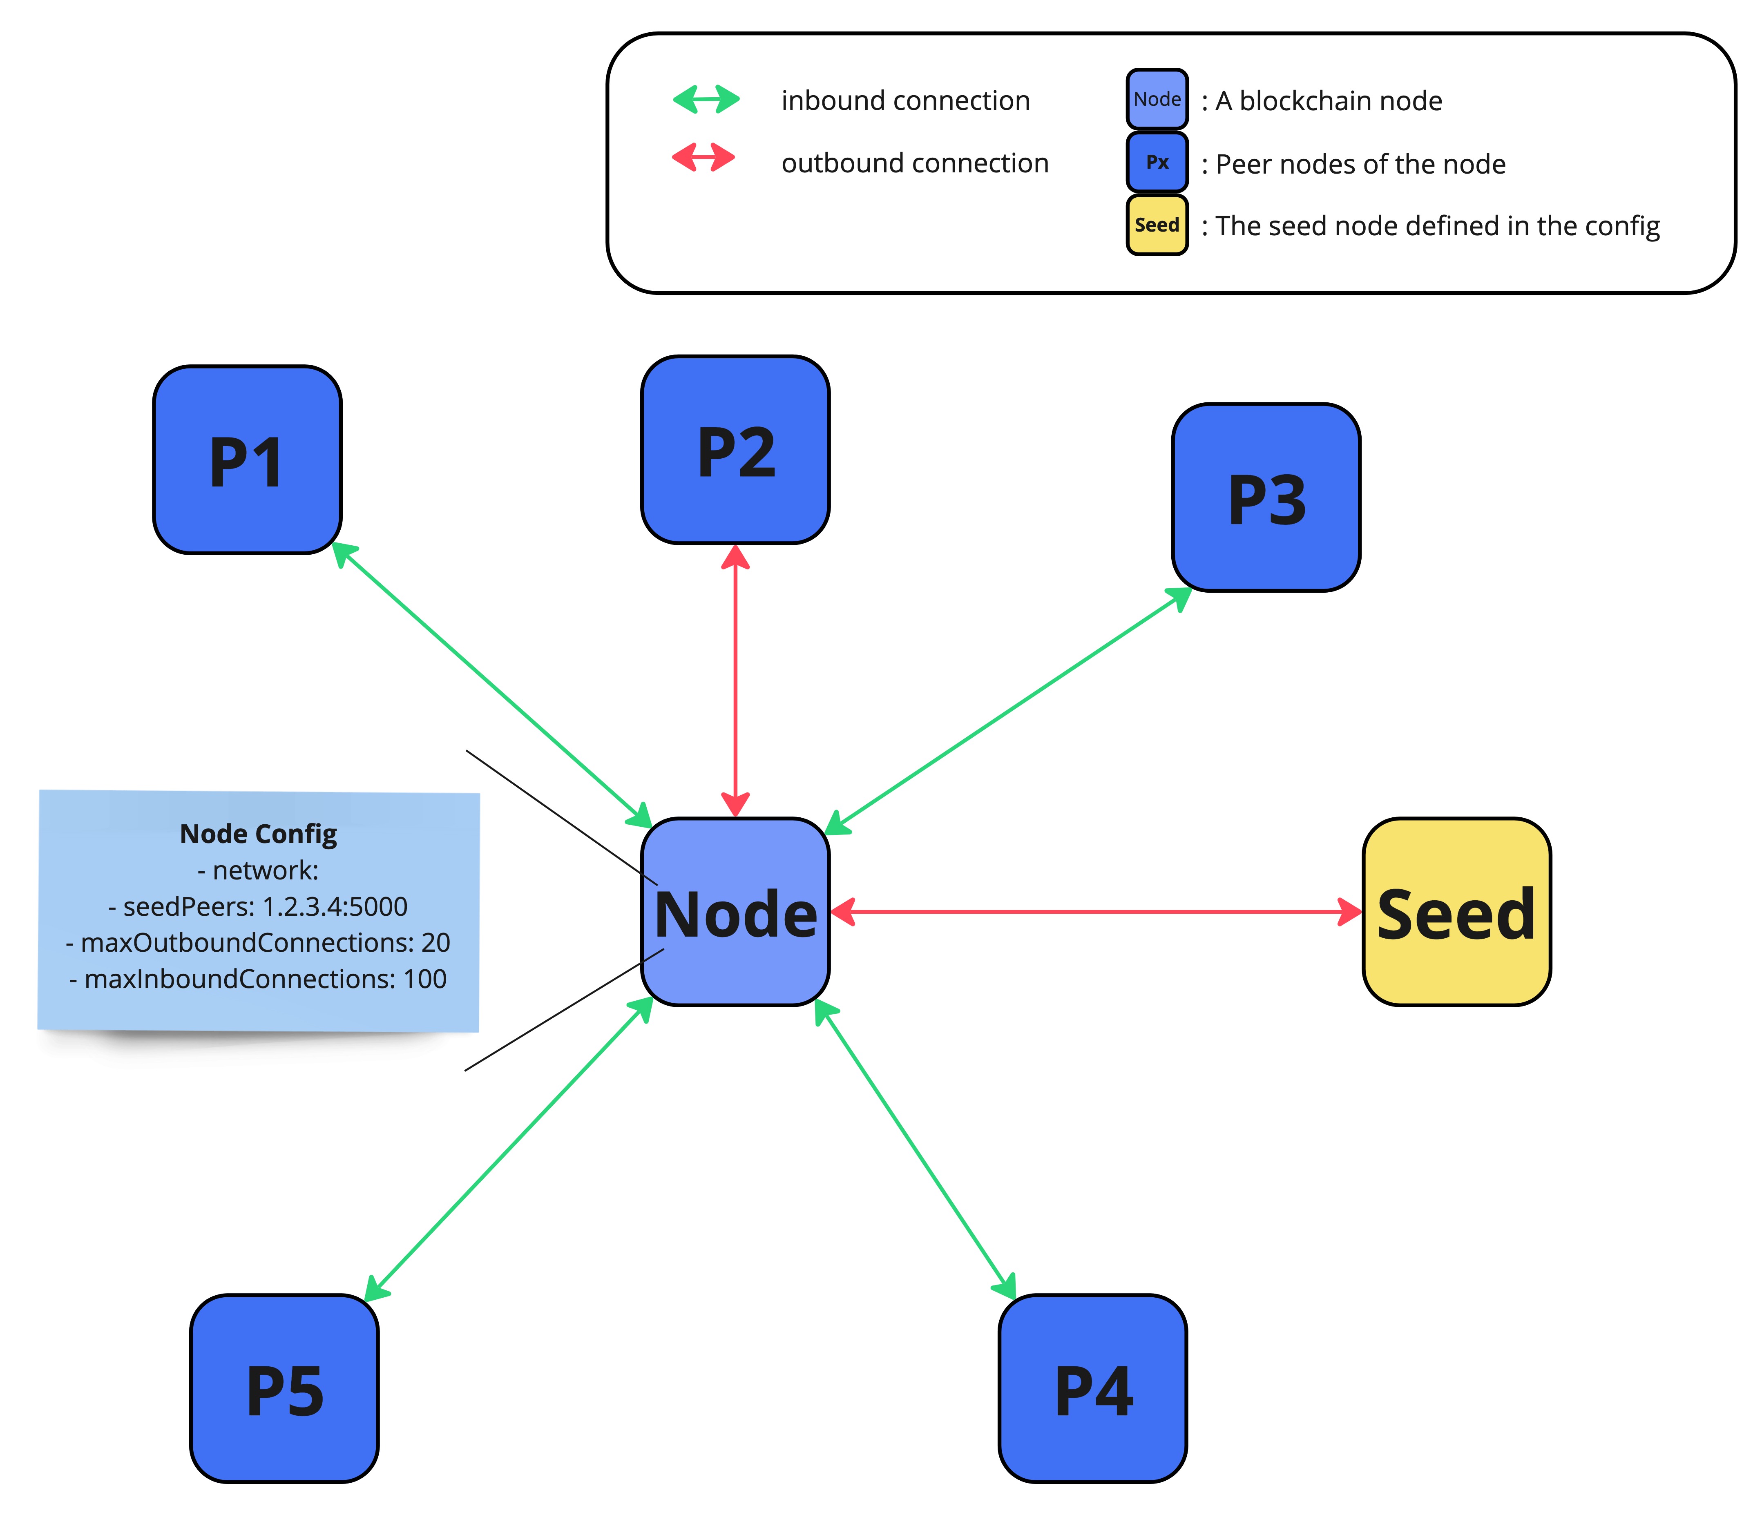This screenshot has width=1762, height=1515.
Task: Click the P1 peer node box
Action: pos(248,460)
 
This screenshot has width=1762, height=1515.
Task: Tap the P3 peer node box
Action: pos(1266,498)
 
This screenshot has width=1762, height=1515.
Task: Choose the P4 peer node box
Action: pos(1093,1389)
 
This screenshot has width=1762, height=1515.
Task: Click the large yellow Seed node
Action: pos(1457,912)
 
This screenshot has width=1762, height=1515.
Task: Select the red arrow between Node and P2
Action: pos(736,680)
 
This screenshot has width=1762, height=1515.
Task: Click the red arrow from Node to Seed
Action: pos(1097,912)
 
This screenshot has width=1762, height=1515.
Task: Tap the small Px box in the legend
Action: pos(1157,161)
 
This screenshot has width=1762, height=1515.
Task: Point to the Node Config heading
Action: pos(259,834)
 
